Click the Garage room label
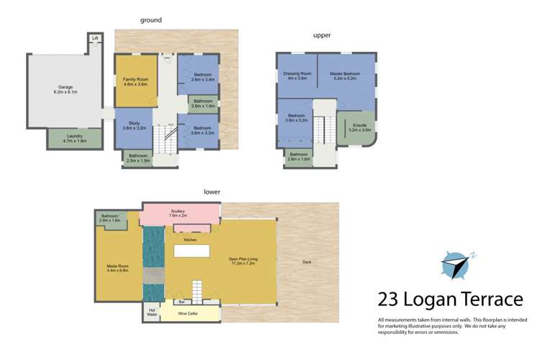(65, 90)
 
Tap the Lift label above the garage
(95, 38)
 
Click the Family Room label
(135, 81)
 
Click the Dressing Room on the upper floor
(297, 76)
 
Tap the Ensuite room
(359, 127)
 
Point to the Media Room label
(117, 268)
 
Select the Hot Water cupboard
(151, 312)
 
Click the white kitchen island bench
(192, 251)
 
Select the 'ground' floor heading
(150, 20)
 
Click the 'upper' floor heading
(321, 35)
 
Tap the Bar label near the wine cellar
(181, 302)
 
